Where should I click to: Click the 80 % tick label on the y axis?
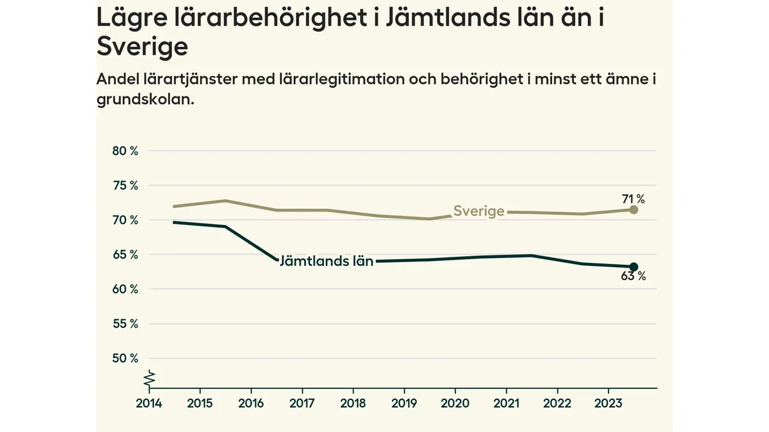[x=125, y=151]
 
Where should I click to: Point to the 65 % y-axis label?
[x=125, y=255]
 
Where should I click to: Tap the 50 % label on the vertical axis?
[x=125, y=359]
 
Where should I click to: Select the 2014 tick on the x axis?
[x=148, y=403]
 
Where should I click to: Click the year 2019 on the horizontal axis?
[x=404, y=403]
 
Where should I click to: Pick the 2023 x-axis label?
[x=607, y=403]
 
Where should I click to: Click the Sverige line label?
[x=479, y=211]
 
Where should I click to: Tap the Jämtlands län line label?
[x=326, y=261]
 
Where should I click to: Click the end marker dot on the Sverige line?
[x=633, y=209]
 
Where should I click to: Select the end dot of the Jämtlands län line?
[x=633, y=266]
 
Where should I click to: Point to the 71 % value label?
[x=633, y=199]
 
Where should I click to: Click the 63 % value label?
[x=633, y=277]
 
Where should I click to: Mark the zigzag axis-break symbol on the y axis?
[x=150, y=379]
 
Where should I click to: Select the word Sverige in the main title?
[x=142, y=46]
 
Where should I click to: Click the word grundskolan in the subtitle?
[x=145, y=100]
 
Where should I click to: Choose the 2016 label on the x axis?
[x=251, y=403]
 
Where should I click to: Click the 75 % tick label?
[x=125, y=186]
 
